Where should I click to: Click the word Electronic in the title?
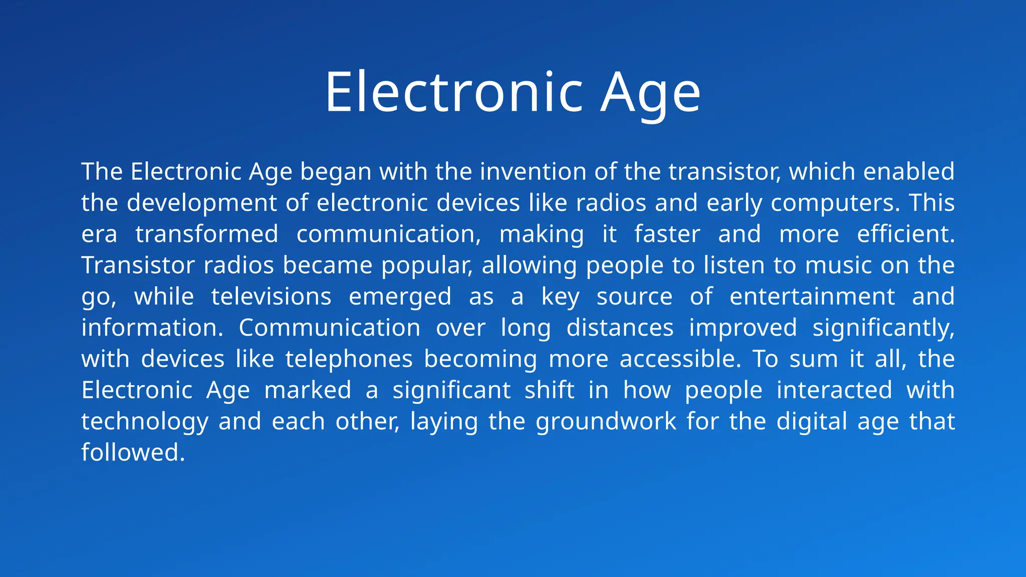pos(454,92)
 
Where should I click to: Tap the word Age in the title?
pos(650,93)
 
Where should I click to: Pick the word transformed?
pos(207,234)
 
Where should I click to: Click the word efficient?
pos(906,234)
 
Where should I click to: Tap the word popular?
pos(427,265)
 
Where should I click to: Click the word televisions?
pos(271,297)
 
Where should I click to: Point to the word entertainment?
pos(812,297)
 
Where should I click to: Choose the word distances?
pos(620,328)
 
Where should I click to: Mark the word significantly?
pos(883,328)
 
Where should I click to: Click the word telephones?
pos(349,359)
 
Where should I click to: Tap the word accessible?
pos(680,359)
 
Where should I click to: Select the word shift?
pos(549,390)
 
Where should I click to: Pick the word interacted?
pos(834,390)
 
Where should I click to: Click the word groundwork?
pos(606,422)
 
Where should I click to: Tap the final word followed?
pos(133,453)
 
